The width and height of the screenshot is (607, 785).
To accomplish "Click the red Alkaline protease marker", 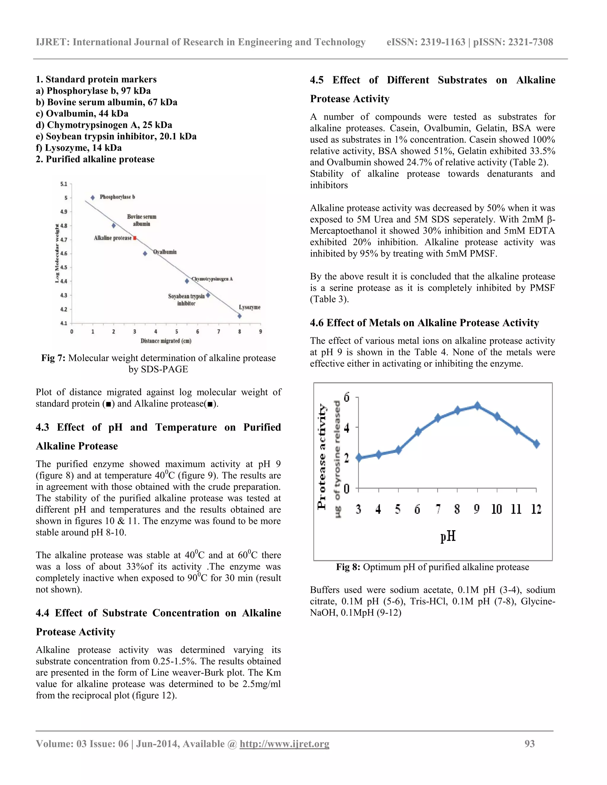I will [x=135, y=238].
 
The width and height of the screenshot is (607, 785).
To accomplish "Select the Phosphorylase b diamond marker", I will [x=93, y=198].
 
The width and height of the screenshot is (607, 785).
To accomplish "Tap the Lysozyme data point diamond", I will [x=239, y=316].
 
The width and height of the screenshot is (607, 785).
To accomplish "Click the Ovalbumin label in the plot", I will [x=165, y=252].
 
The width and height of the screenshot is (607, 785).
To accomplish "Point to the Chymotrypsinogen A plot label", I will [x=212, y=279].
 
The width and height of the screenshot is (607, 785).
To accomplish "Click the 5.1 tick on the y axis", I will [x=64, y=184].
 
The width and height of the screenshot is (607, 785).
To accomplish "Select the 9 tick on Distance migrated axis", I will [x=260, y=331].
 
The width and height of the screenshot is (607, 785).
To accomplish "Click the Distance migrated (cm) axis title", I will [x=166, y=341].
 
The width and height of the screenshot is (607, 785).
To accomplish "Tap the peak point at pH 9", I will [x=477, y=406].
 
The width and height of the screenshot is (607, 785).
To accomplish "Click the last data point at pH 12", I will [x=536, y=444].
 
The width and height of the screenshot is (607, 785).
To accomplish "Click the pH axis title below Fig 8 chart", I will [x=448, y=537].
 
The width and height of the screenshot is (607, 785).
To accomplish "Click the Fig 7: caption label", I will [x=53, y=358].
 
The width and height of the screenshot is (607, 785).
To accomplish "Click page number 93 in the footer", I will [x=529, y=744].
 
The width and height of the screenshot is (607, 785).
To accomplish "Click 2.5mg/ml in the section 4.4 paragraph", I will [x=261, y=684].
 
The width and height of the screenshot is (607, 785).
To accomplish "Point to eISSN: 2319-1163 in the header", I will [x=426, y=42].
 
